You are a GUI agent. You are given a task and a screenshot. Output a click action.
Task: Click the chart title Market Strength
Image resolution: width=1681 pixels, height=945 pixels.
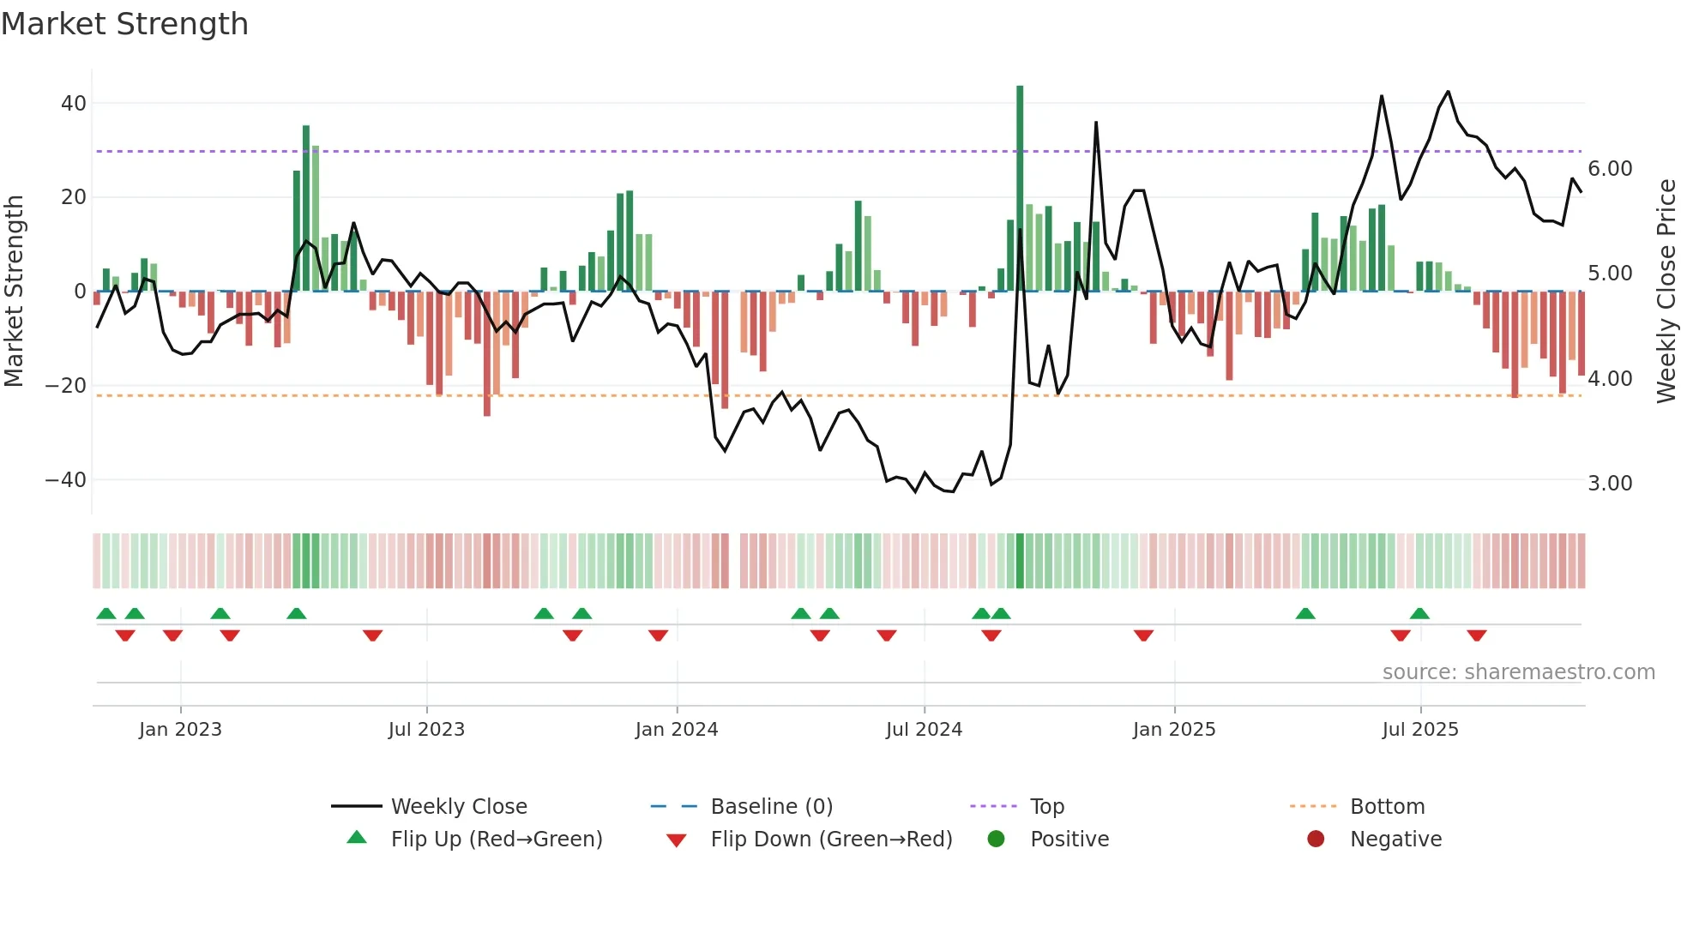point(124,24)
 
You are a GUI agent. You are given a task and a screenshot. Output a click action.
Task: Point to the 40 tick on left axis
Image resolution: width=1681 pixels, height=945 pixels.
point(74,104)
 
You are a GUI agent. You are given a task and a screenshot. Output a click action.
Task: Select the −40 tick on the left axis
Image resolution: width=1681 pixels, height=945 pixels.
point(66,480)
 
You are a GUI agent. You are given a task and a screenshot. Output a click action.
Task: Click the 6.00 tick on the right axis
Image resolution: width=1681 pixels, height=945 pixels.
point(1610,169)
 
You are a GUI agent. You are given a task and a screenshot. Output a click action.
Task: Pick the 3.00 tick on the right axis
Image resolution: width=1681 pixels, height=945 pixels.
point(1610,484)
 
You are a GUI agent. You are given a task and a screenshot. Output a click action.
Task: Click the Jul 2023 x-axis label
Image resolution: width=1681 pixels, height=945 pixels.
point(426,730)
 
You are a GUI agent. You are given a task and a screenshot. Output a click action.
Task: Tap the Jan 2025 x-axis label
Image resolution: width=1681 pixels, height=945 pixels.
point(1174,730)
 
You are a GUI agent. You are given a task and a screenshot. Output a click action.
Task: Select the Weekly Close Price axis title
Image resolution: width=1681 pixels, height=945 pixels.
point(1666,292)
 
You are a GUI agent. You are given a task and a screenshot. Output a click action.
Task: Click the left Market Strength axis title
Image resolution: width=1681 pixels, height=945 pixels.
point(14,292)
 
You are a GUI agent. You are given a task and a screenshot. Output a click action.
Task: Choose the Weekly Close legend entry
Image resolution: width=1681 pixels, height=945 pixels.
point(459,807)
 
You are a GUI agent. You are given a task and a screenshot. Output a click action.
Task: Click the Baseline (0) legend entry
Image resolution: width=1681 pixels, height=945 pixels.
point(771,807)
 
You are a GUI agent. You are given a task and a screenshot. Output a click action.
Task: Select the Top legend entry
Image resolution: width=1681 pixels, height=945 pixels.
point(1046,807)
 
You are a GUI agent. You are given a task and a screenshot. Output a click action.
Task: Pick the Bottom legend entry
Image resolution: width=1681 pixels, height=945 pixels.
point(1387,807)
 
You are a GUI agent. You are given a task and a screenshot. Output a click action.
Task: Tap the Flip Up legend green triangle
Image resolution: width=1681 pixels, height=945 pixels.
point(357,838)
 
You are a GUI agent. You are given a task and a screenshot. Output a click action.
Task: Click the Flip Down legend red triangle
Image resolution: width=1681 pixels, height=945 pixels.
point(676,840)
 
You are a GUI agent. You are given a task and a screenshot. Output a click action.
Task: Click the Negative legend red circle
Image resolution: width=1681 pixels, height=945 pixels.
point(1316,839)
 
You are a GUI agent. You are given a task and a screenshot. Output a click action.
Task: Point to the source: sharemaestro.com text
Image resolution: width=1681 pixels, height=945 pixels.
point(1518,672)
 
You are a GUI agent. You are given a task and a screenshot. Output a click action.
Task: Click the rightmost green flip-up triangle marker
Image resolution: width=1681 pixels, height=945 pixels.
point(1419,614)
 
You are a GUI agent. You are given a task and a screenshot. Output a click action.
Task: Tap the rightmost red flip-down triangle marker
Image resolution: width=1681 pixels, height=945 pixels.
point(1476,635)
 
